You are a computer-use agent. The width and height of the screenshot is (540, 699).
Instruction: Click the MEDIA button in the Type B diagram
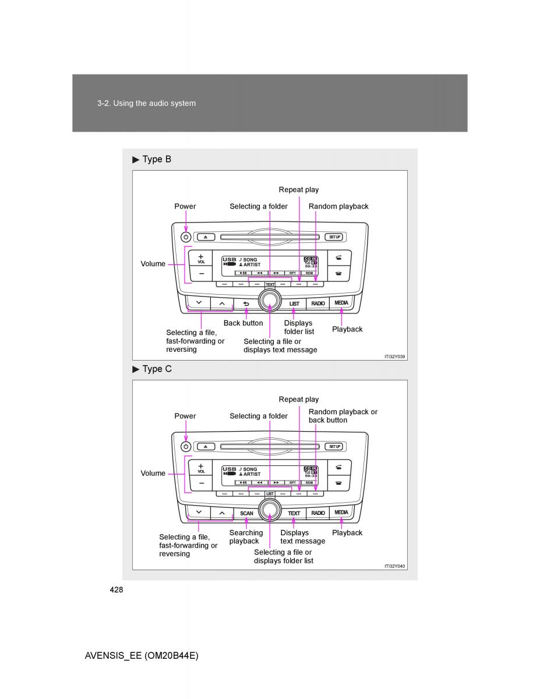(x=341, y=303)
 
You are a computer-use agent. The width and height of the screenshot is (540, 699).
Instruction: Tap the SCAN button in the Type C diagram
(x=246, y=513)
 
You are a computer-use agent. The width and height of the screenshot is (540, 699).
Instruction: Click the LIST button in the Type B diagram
(x=294, y=303)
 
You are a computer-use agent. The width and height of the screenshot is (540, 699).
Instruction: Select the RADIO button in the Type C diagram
(x=318, y=513)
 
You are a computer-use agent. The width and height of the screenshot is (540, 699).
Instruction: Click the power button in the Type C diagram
(x=186, y=447)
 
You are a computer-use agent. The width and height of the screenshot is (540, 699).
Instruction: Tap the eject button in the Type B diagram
(x=206, y=237)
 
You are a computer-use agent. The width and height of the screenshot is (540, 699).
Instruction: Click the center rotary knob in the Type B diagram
(x=270, y=300)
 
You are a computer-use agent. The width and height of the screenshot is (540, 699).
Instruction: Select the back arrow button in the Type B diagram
(x=246, y=303)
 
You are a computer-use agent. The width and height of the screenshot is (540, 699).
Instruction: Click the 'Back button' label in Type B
(x=243, y=323)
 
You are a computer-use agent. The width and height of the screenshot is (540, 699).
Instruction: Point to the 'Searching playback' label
(x=245, y=536)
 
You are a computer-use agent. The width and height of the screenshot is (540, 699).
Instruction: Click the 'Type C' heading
(x=156, y=369)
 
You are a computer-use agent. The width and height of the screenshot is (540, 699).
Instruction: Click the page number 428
(x=116, y=589)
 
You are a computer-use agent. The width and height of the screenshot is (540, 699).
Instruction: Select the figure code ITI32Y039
(x=394, y=356)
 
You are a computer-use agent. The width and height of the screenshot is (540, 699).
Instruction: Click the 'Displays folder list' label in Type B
(x=299, y=327)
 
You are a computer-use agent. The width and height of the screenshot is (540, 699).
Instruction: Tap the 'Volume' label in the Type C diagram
(x=153, y=474)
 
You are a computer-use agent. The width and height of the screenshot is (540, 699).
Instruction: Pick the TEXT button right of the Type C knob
(x=294, y=513)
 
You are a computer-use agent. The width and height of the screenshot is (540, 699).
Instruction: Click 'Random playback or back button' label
(x=343, y=416)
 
